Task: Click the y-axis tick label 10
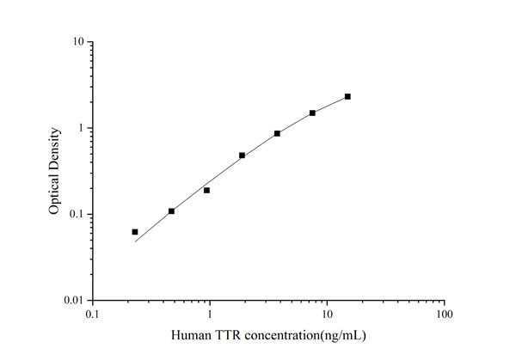77,42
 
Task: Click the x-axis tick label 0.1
92,315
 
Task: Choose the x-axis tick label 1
210,315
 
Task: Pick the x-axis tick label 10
327,315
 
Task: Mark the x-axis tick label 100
444,315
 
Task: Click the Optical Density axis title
55,171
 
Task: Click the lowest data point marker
135,232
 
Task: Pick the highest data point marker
347,97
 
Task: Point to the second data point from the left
172,211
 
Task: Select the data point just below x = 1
206,190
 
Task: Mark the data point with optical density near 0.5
243,156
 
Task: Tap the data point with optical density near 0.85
277,133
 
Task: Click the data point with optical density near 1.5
312,113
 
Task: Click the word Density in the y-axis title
55,149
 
